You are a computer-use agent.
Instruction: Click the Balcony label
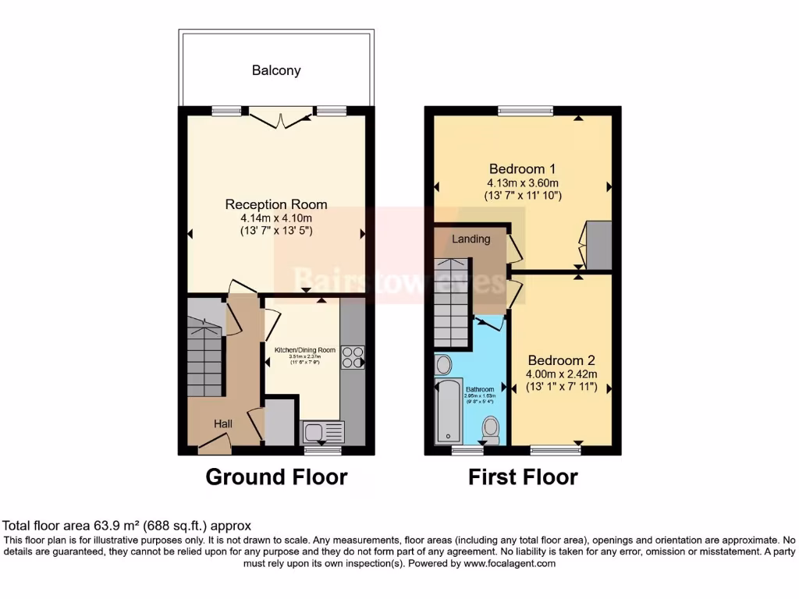click(x=276, y=70)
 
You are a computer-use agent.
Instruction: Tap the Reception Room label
click(x=276, y=204)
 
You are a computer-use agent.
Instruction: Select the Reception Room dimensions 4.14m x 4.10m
click(x=276, y=218)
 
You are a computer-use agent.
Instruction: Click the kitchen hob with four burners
click(x=353, y=356)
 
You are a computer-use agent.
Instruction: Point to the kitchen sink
click(x=321, y=431)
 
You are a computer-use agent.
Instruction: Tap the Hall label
click(x=223, y=423)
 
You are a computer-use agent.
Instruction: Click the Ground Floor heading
click(x=276, y=477)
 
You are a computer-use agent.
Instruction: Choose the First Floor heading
click(x=523, y=477)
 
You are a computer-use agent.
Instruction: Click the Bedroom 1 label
click(x=522, y=168)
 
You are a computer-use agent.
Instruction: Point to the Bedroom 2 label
click(x=561, y=360)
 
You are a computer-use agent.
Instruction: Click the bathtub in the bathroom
click(x=449, y=411)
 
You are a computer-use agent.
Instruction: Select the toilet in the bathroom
click(x=491, y=427)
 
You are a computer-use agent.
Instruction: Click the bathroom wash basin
click(x=443, y=364)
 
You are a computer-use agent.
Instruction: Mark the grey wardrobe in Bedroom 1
click(x=598, y=245)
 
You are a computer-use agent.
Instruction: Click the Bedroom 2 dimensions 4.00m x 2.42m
click(x=561, y=374)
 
